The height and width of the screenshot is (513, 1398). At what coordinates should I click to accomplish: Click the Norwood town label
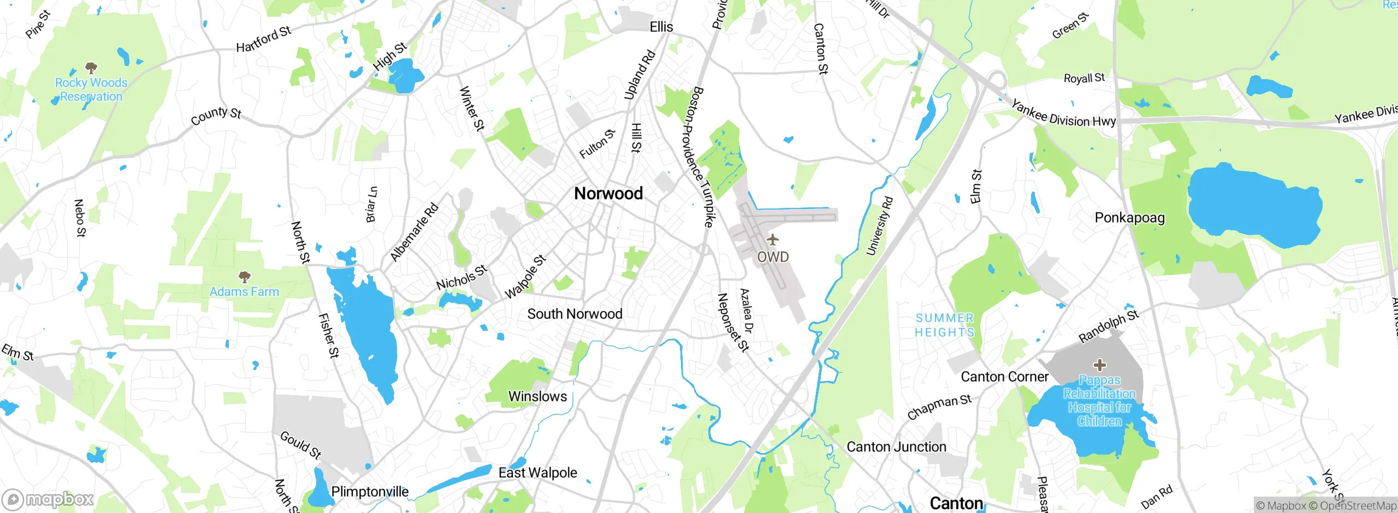coord(608,193)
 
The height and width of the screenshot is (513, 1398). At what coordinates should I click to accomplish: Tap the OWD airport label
coord(773,256)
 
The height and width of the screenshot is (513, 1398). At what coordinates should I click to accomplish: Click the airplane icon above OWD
coord(772,240)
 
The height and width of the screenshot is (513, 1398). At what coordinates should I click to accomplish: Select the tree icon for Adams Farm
coord(245,277)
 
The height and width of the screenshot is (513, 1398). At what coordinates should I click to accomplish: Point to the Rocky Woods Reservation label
coord(91,90)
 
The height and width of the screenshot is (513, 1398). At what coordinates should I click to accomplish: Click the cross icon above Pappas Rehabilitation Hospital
coord(1099,365)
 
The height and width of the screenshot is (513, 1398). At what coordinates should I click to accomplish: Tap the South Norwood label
coord(574,314)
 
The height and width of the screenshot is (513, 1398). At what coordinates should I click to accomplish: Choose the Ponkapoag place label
coord(1129,218)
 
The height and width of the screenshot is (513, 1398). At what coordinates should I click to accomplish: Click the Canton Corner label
coord(1004,377)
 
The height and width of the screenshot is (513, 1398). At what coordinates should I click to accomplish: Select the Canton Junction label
coord(896,447)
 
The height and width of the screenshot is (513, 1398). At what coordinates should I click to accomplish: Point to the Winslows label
coord(537,396)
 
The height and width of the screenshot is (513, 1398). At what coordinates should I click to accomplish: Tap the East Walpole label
coord(537,473)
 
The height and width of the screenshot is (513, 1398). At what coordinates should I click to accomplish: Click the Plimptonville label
coord(370,492)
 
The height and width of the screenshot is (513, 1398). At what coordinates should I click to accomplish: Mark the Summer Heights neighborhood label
coord(945,325)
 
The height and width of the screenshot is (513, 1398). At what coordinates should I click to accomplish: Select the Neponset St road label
coord(732,322)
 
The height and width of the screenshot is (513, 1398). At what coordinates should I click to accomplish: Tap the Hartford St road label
coord(263,39)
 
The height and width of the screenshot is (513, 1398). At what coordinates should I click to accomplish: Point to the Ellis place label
coord(661,27)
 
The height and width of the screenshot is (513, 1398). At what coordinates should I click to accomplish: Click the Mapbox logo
coord(48,499)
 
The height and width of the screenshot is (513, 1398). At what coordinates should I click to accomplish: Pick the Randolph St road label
coord(1109,326)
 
